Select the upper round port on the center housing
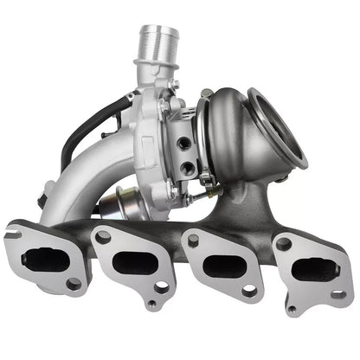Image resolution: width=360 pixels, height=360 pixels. tap(183, 142)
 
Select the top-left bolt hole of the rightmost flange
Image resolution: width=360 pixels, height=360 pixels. tap(285, 245)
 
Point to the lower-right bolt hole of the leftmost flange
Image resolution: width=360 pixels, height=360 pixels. tap(74, 283)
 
